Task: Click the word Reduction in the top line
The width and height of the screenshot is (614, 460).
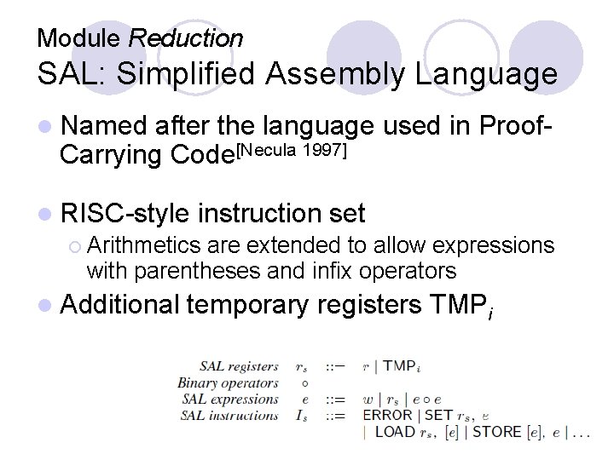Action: click(185, 38)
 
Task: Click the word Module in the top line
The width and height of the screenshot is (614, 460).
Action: click(80, 38)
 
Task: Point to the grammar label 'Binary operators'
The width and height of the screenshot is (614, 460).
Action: click(228, 382)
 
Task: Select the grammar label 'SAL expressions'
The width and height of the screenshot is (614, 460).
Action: click(230, 399)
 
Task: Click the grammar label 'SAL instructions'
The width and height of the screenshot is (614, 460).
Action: click(230, 416)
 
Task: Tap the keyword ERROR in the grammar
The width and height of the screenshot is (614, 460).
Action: click(387, 416)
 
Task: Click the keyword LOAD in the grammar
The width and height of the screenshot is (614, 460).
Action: click(395, 432)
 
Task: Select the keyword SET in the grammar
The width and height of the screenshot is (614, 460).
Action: click(438, 416)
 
